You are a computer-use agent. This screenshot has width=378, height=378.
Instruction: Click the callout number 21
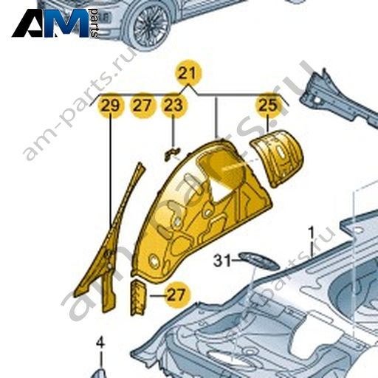[x=188, y=73]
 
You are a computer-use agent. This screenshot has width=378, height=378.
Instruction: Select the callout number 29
[x=111, y=106]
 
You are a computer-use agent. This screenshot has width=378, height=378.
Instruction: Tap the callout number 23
[x=173, y=105]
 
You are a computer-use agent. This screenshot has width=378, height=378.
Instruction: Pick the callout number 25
[x=269, y=105]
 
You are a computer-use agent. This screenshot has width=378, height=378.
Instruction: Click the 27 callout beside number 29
[x=142, y=106]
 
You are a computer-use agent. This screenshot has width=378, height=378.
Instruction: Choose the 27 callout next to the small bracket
[x=176, y=295]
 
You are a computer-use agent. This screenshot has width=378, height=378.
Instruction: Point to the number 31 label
[x=222, y=261]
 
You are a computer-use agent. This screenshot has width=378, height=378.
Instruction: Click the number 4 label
[x=100, y=343]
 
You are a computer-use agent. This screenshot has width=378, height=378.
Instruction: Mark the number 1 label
[x=312, y=233]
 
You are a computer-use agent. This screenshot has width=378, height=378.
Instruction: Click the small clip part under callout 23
[x=172, y=153]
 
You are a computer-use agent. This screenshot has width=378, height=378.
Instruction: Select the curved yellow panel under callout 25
[x=277, y=158]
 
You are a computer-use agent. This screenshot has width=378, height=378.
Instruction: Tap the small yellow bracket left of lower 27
[x=138, y=298]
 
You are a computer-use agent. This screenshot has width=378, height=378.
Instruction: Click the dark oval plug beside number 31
[x=259, y=261]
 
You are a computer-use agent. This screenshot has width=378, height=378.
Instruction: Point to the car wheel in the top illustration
[x=147, y=24]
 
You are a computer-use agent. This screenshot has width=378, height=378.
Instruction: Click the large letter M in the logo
[x=69, y=23]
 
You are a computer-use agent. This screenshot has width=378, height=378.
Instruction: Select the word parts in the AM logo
[x=94, y=23]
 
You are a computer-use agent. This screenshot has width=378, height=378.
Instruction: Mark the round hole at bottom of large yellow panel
[x=154, y=261]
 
